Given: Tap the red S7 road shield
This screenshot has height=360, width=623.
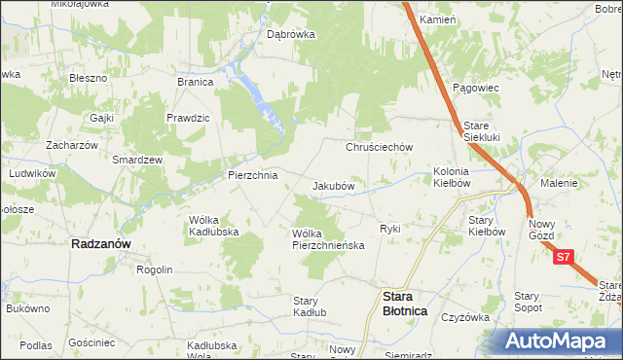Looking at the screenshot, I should coord(564,258).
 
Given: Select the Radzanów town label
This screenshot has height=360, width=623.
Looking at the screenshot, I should coord(102,245).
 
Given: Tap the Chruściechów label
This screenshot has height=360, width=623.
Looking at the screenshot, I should coord(381,147).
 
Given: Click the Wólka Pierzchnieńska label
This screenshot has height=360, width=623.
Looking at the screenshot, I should coord(328,239).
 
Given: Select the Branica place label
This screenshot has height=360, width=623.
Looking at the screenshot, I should coord(195,82).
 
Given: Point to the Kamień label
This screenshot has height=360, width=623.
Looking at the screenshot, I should coord(437,19).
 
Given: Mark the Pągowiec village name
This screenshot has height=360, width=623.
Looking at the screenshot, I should coord(475,88).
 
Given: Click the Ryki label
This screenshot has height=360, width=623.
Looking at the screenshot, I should coord(390,229).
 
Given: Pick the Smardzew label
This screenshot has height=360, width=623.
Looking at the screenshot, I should coord(137,159).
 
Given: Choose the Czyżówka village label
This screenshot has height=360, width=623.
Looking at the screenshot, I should coord(464,317).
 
